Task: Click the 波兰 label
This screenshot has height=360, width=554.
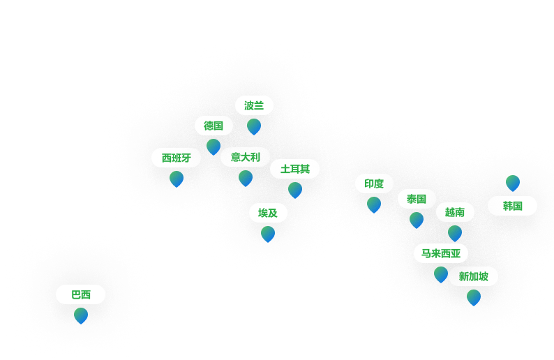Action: [254, 106]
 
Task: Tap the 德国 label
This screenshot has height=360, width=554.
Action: [214, 126]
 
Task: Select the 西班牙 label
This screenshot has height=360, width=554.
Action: [176, 158]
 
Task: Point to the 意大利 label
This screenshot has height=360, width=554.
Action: [245, 158]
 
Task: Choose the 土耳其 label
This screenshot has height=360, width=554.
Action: [294, 170]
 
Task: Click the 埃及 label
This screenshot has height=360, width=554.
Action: [268, 213]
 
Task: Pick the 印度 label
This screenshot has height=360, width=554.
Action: [374, 184]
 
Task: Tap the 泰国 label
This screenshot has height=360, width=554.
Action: [417, 200]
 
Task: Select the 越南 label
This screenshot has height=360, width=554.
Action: [455, 213]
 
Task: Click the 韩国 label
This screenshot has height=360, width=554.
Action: [512, 207]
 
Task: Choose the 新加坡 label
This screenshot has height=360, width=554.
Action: [473, 277]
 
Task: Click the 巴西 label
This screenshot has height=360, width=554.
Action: [81, 295]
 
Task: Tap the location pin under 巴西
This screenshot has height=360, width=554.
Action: [81, 316]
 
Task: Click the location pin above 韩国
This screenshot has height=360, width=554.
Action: [513, 183]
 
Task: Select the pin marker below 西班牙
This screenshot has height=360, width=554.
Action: [177, 179]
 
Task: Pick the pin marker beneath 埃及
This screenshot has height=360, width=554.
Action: [268, 234]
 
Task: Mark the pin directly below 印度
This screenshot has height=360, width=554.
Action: [374, 204]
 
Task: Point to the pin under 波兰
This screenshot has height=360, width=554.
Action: [254, 126]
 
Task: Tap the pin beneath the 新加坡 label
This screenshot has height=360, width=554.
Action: [474, 297]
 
